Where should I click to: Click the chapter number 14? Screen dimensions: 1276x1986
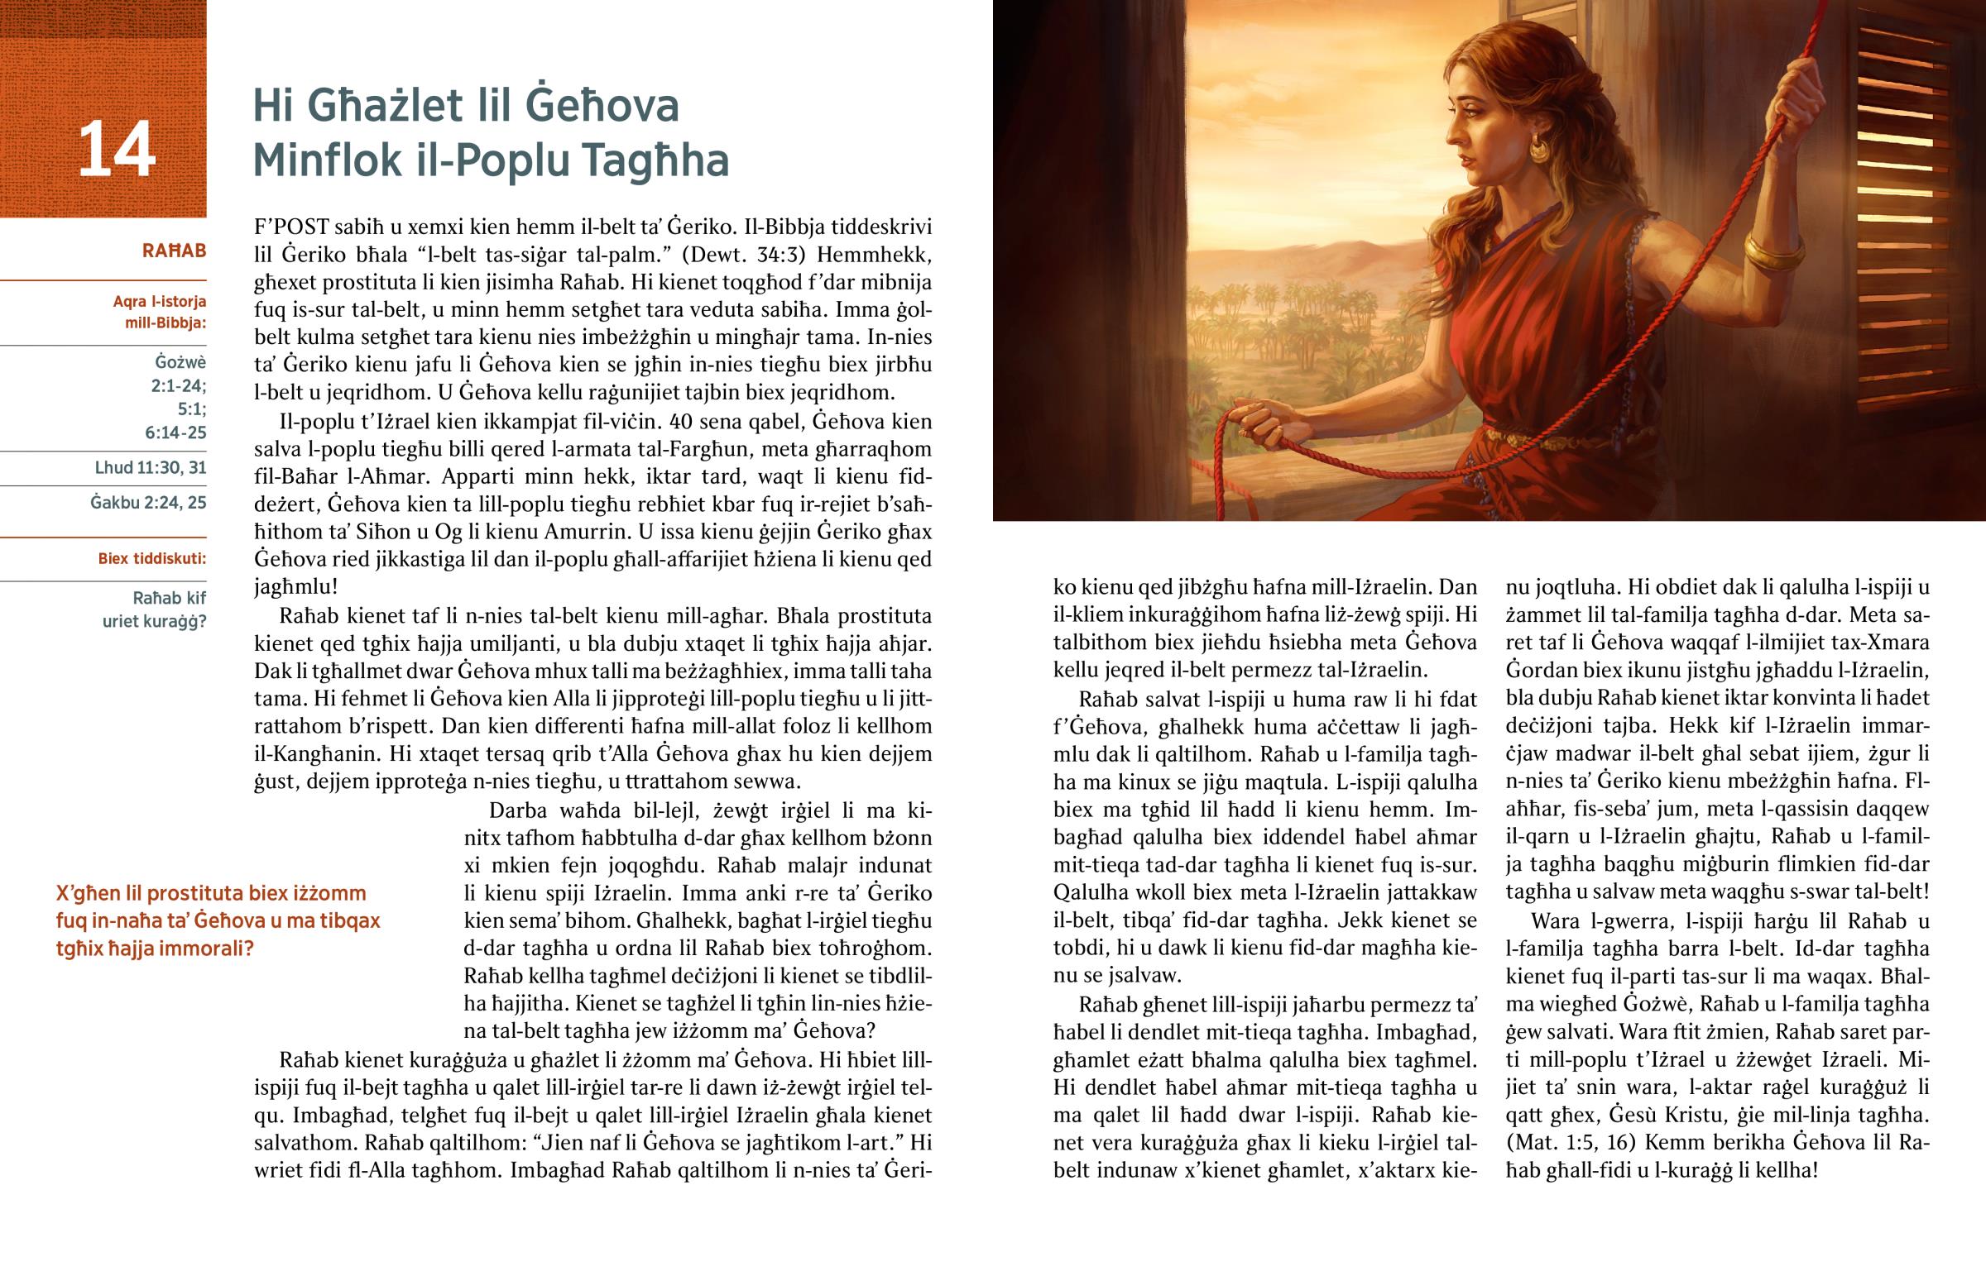(117, 149)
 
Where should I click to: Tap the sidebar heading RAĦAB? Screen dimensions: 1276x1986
(174, 251)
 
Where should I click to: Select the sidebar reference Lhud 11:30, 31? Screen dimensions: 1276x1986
(150, 468)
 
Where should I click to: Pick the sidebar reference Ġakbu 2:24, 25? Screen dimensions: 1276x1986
(148, 503)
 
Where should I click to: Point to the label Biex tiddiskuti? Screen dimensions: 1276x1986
(151, 558)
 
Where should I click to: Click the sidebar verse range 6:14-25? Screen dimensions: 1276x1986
(175, 433)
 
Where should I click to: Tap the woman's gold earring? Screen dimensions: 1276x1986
(1537, 150)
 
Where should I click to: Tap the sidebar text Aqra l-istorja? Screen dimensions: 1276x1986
(160, 302)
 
